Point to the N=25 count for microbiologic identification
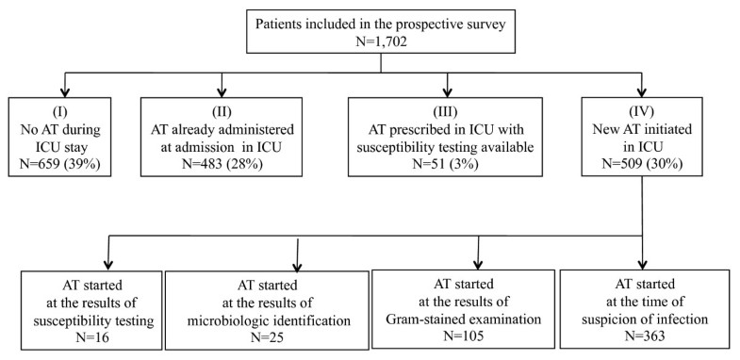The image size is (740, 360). coord(267,336)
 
